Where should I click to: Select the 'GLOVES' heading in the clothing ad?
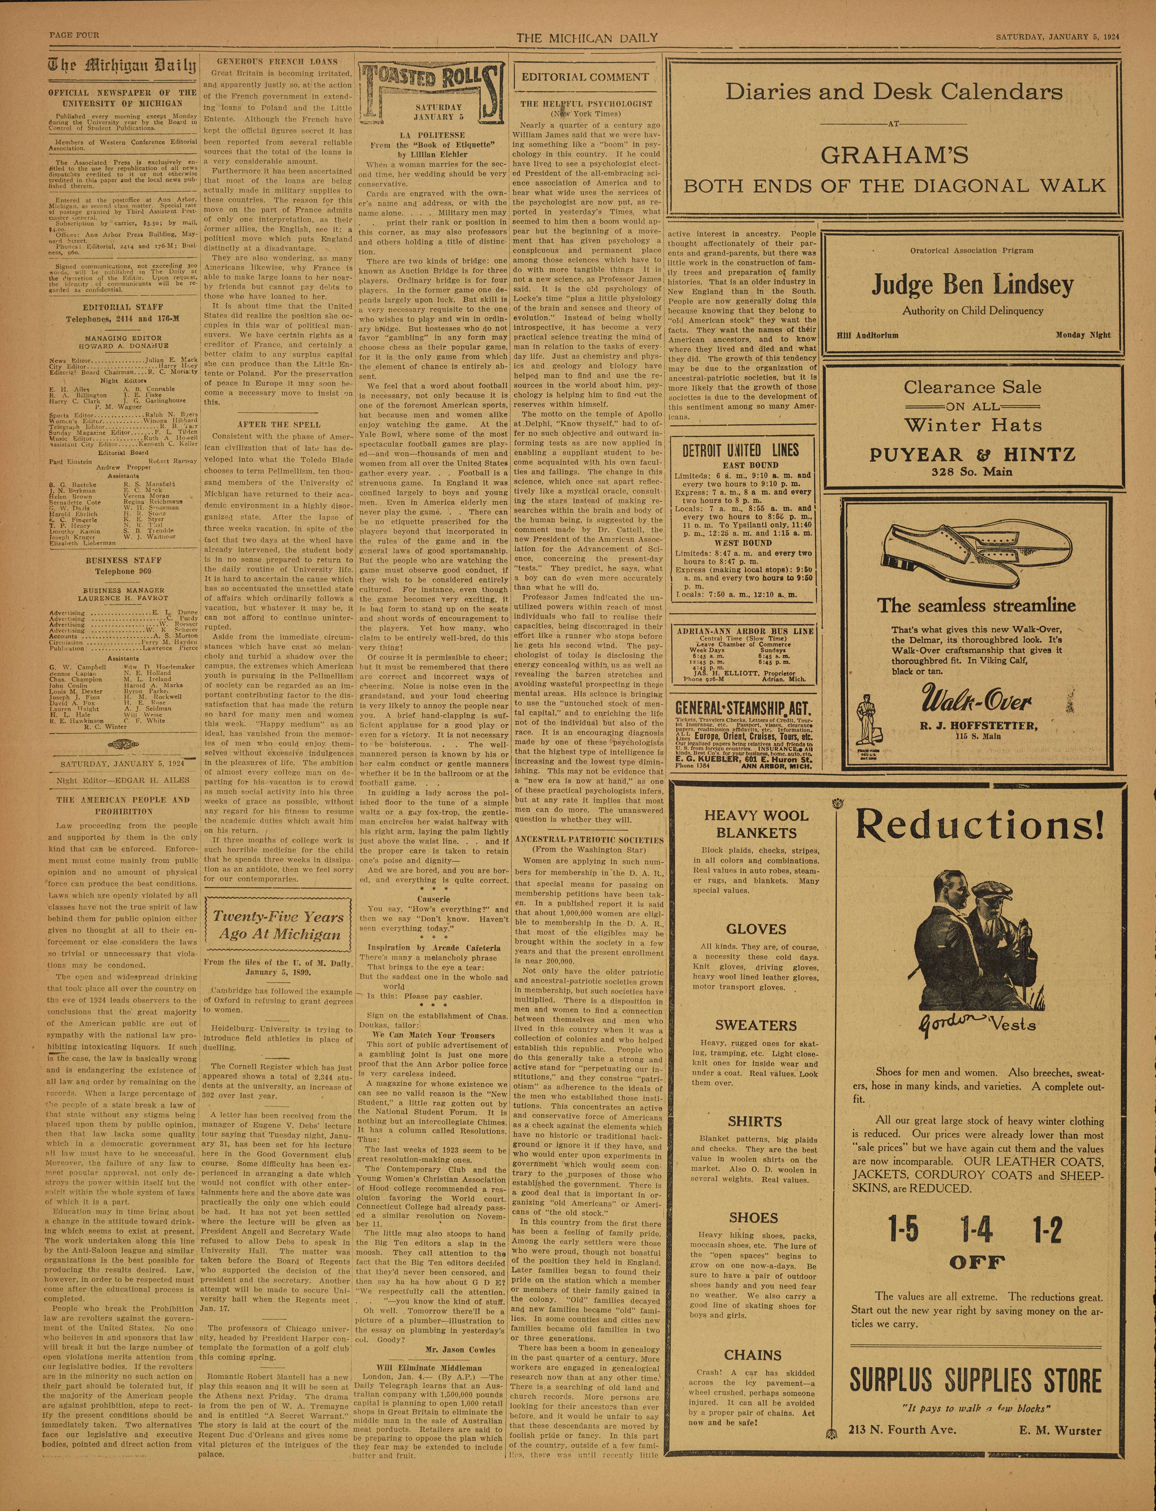pyautogui.click(x=755, y=929)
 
